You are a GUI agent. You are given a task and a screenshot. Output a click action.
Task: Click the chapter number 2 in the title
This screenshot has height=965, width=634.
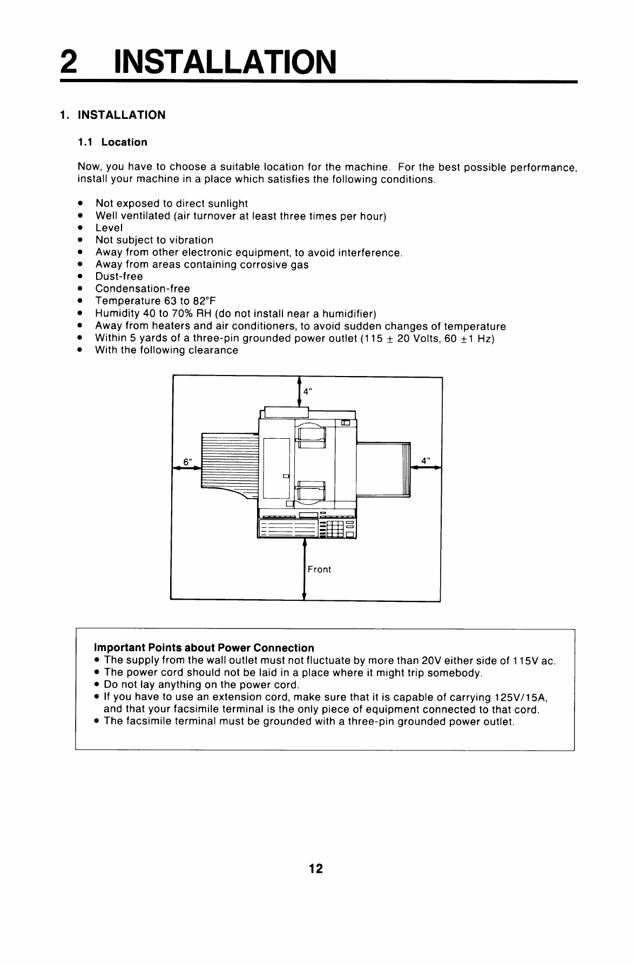[68, 62]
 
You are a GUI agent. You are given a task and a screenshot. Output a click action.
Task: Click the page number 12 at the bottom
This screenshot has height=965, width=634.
[316, 868]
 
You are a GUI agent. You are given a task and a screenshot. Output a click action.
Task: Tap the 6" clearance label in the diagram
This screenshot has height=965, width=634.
[187, 462]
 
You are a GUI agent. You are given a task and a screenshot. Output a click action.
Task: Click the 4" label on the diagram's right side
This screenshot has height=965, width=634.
[426, 461]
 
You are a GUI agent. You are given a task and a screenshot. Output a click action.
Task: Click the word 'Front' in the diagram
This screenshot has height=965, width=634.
[319, 569]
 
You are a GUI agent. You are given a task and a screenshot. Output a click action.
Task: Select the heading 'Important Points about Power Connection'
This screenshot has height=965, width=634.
[204, 647]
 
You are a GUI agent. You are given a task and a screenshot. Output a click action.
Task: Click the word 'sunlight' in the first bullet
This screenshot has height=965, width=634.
[228, 204]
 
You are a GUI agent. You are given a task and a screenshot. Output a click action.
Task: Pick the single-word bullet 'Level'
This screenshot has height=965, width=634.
[109, 228]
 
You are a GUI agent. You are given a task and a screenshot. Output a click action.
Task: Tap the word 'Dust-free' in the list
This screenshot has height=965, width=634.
[119, 277]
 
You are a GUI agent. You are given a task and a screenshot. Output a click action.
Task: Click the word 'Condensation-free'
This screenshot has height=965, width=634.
[143, 289]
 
